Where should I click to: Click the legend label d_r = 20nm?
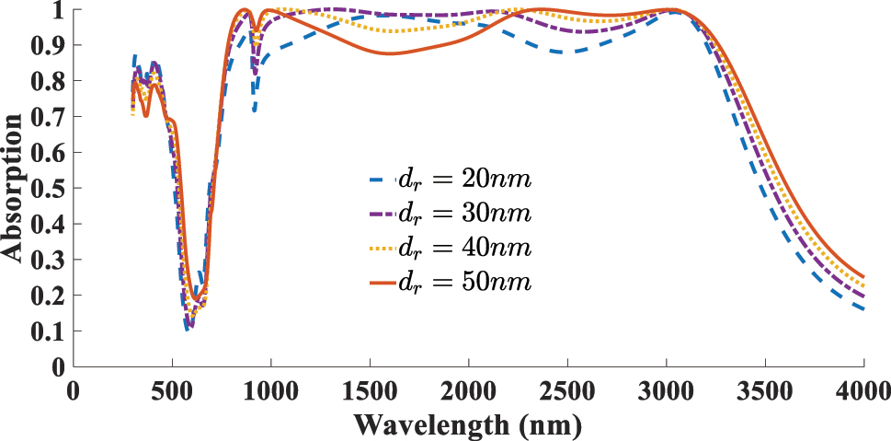464,180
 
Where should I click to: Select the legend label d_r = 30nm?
464,214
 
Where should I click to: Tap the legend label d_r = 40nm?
464,248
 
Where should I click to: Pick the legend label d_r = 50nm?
464,282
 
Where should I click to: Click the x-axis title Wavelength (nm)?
468,425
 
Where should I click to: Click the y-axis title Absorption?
14,187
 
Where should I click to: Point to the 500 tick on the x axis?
172,389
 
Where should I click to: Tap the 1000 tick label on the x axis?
270,389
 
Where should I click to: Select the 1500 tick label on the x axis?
370,389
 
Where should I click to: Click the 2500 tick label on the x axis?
567,389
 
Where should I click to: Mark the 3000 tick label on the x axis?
667,389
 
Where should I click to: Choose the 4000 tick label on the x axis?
863,389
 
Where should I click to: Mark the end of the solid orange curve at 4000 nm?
863,276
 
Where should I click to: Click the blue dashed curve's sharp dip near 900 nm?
254,110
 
